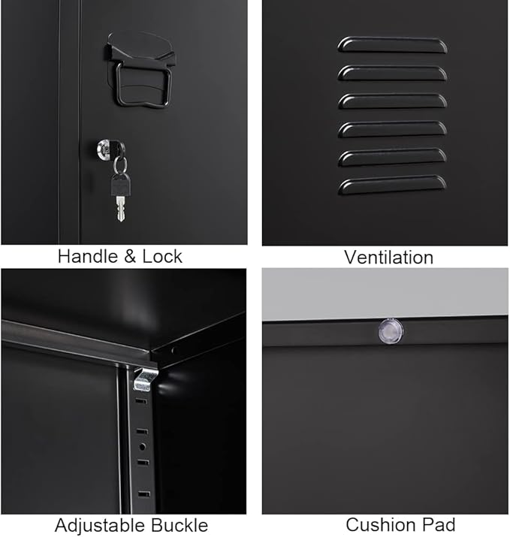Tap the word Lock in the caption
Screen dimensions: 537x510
pyautogui.click(x=161, y=257)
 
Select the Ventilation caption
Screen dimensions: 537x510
pyautogui.click(x=388, y=258)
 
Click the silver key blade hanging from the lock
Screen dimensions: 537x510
pyautogui.click(x=120, y=209)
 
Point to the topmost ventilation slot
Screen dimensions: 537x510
pyautogui.click(x=392, y=45)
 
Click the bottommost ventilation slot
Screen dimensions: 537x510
pyautogui.click(x=392, y=185)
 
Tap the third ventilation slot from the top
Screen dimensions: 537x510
pyautogui.click(x=392, y=101)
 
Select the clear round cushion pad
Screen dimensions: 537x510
pyautogui.click(x=388, y=330)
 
